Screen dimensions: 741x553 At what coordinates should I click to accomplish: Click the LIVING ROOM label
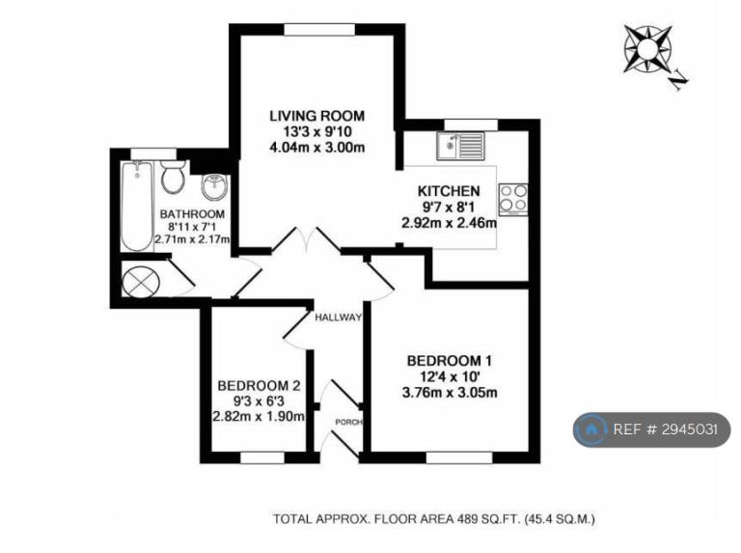pos(317,116)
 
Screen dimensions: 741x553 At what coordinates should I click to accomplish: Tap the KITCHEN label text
pos(449,191)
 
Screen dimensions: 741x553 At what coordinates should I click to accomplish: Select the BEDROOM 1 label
pos(449,361)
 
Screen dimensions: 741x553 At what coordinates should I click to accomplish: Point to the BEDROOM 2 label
pos(259,386)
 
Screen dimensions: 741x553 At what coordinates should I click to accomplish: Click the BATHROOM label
pos(192,214)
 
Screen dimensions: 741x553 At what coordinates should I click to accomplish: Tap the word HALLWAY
pos(339,318)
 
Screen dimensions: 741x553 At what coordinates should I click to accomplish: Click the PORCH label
pos(348,422)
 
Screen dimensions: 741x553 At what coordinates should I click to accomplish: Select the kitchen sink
pos(460,146)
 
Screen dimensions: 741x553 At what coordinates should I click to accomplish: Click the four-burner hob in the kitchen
pos(512,200)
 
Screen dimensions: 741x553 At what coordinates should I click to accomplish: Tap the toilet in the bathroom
pos(173,177)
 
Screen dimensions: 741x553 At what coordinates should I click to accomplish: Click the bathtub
pos(137,207)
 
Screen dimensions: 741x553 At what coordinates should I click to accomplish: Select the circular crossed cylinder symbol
pos(141,282)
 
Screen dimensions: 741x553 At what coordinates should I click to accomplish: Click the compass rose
pos(647,48)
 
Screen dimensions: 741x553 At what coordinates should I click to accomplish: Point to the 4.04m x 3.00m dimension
pos(317,148)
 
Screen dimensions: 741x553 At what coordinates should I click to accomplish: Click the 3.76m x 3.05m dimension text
pos(450,393)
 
